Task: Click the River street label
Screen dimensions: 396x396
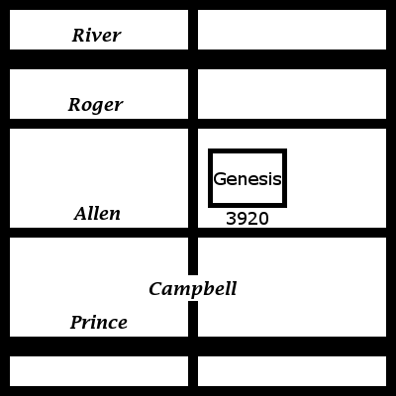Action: click(96, 36)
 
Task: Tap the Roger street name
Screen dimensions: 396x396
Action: click(95, 105)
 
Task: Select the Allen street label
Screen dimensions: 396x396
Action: click(97, 214)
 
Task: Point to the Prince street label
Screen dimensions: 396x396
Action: click(99, 323)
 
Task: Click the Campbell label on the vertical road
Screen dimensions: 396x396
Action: click(193, 289)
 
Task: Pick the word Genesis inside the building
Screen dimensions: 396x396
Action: click(247, 179)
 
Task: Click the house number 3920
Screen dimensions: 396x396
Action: click(247, 219)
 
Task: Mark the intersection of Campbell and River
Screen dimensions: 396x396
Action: click(193, 59)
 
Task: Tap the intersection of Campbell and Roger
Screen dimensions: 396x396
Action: click(193, 124)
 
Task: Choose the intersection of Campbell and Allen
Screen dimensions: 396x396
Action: click(193, 233)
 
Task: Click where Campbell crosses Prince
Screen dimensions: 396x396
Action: click(193, 346)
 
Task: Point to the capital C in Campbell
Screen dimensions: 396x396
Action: click(155, 289)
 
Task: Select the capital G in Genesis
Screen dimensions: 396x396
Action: click(220, 179)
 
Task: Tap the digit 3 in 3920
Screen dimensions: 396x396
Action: click(231, 219)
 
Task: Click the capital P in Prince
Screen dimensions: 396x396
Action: click(77, 323)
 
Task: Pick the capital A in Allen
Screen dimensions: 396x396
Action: click(81, 214)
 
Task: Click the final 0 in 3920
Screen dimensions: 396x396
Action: click(263, 219)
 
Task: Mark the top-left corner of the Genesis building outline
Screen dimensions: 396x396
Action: click(210, 150)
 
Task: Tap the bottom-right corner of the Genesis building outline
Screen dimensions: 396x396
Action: click(285, 206)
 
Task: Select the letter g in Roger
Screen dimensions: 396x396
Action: click(99, 107)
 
